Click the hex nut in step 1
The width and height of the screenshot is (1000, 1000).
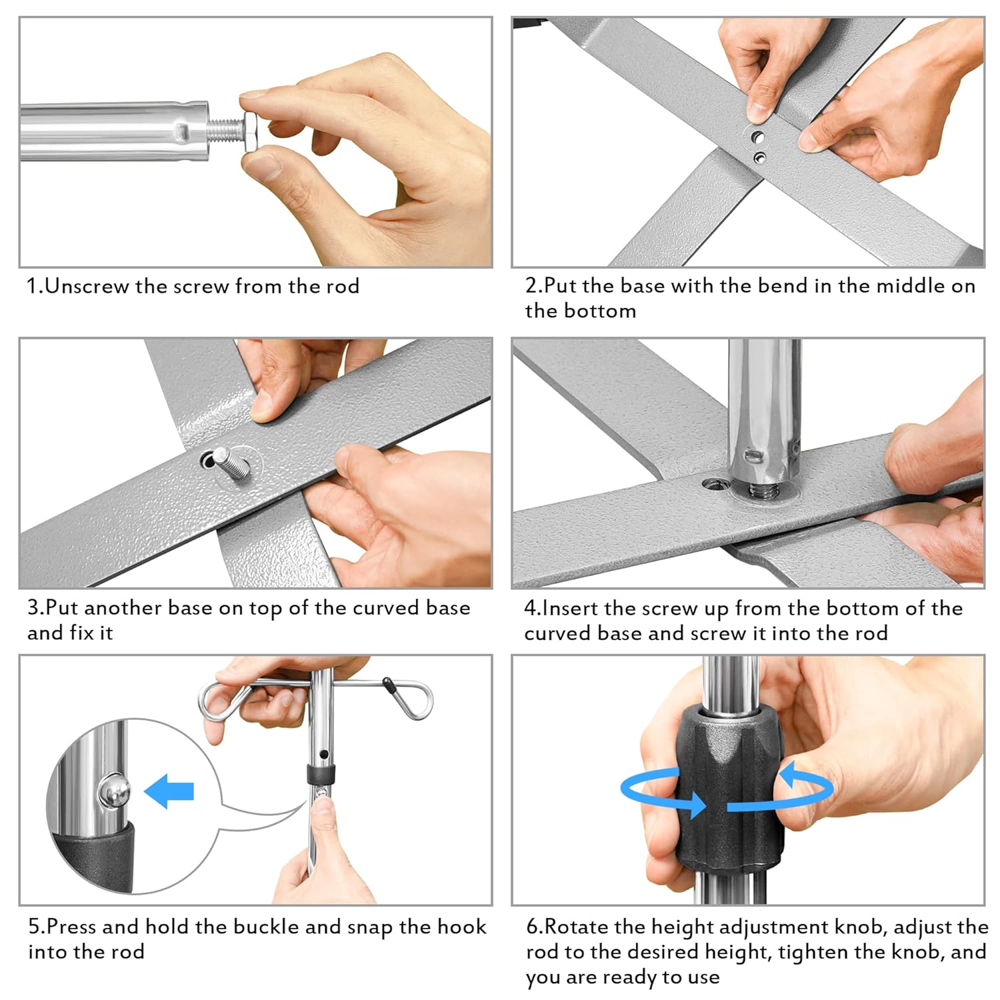click(x=253, y=132)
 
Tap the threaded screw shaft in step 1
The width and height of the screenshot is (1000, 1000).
click(x=225, y=131)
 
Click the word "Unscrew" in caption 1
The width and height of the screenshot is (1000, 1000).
click(x=87, y=286)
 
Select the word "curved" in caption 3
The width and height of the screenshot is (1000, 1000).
click(x=391, y=608)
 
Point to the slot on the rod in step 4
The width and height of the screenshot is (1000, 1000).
click(x=753, y=456)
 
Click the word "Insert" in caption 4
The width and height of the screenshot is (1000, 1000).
click(x=571, y=608)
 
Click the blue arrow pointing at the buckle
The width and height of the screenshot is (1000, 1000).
click(x=169, y=791)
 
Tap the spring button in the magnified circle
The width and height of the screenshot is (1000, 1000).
click(x=113, y=791)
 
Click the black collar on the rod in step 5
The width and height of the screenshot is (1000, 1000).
click(x=321, y=775)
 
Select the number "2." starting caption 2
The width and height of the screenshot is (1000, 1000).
click(x=534, y=285)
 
